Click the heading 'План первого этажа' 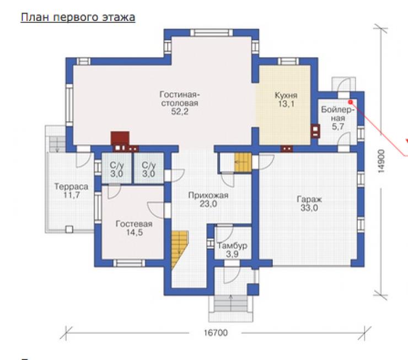[78, 18]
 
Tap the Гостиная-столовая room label [179, 99]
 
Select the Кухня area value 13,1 [286, 104]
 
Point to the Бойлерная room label [338, 114]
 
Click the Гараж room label [309, 200]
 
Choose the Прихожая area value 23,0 [208, 204]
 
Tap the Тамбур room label [232, 246]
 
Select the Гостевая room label [134, 224]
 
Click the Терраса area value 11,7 [72, 195]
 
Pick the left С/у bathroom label [117, 165]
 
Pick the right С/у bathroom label [149, 165]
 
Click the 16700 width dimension [216, 332]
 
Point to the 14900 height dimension [381, 161]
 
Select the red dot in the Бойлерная [351, 101]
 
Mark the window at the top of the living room [211, 33]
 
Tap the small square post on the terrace [69, 229]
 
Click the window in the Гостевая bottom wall [129, 263]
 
